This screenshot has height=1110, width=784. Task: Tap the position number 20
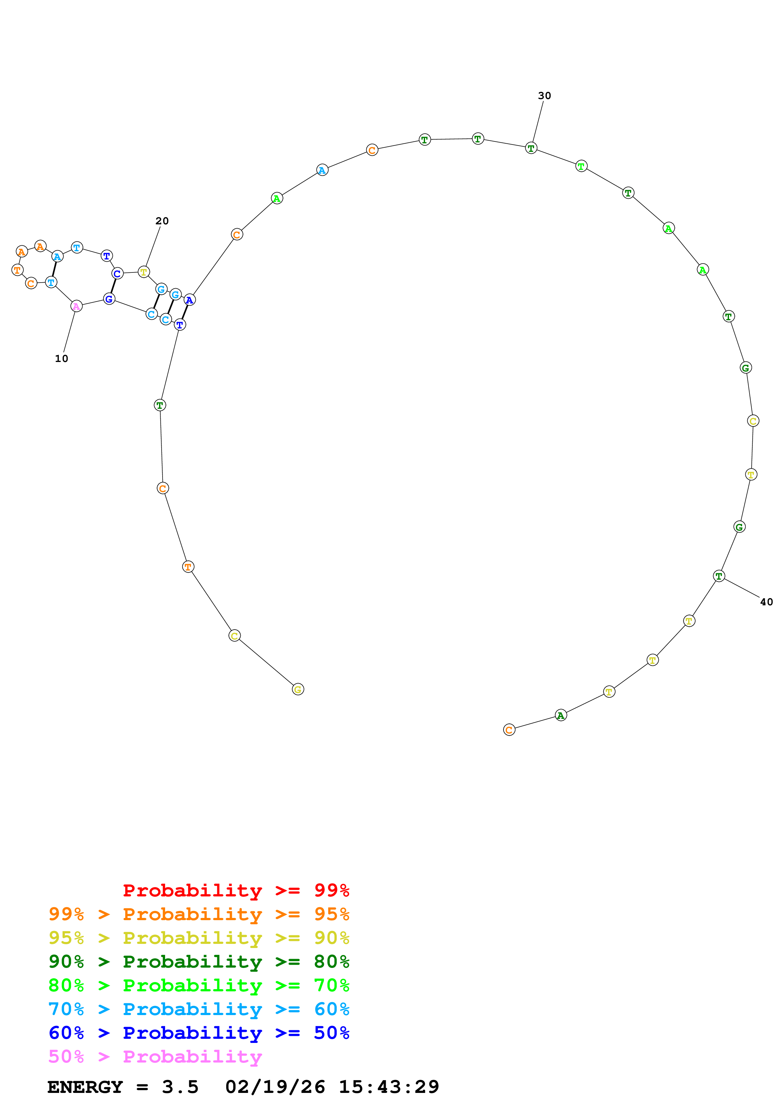(x=162, y=221)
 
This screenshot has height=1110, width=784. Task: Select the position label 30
(x=544, y=96)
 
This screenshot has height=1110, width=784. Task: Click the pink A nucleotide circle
(x=76, y=306)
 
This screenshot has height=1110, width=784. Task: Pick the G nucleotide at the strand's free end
(x=298, y=689)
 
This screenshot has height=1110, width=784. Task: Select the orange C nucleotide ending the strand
(x=509, y=730)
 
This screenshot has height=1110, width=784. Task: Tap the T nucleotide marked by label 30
(x=531, y=148)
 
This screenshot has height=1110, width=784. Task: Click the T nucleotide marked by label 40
(x=719, y=576)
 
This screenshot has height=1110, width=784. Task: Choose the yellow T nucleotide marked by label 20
(x=144, y=272)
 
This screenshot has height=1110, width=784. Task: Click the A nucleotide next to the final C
(x=560, y=715)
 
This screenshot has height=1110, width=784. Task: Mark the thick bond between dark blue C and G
(x=113, y=286)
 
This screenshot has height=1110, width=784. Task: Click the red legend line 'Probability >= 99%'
(x=236, y=890)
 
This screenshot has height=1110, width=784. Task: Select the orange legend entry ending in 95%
(x=199, y=914)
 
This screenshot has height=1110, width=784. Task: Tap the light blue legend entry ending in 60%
(x=199, y=1009)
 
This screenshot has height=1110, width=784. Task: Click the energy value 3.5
(x=180, y=1087)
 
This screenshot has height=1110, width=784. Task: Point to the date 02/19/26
(x=275, y=1087)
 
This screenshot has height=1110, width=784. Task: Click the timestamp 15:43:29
(x=389, y=1087)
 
